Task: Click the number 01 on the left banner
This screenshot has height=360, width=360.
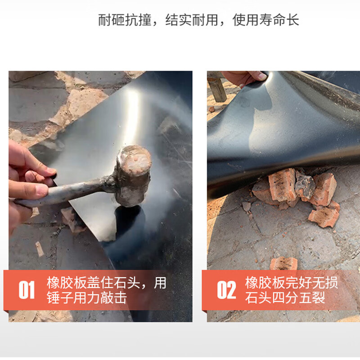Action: pos(26,290)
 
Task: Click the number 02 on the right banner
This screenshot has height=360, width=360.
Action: pos(226,290)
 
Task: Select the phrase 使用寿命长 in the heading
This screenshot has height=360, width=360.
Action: pos(265,20)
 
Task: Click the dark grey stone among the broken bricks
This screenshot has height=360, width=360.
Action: pos(304,185)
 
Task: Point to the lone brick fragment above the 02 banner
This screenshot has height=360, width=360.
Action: pos(283,263)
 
